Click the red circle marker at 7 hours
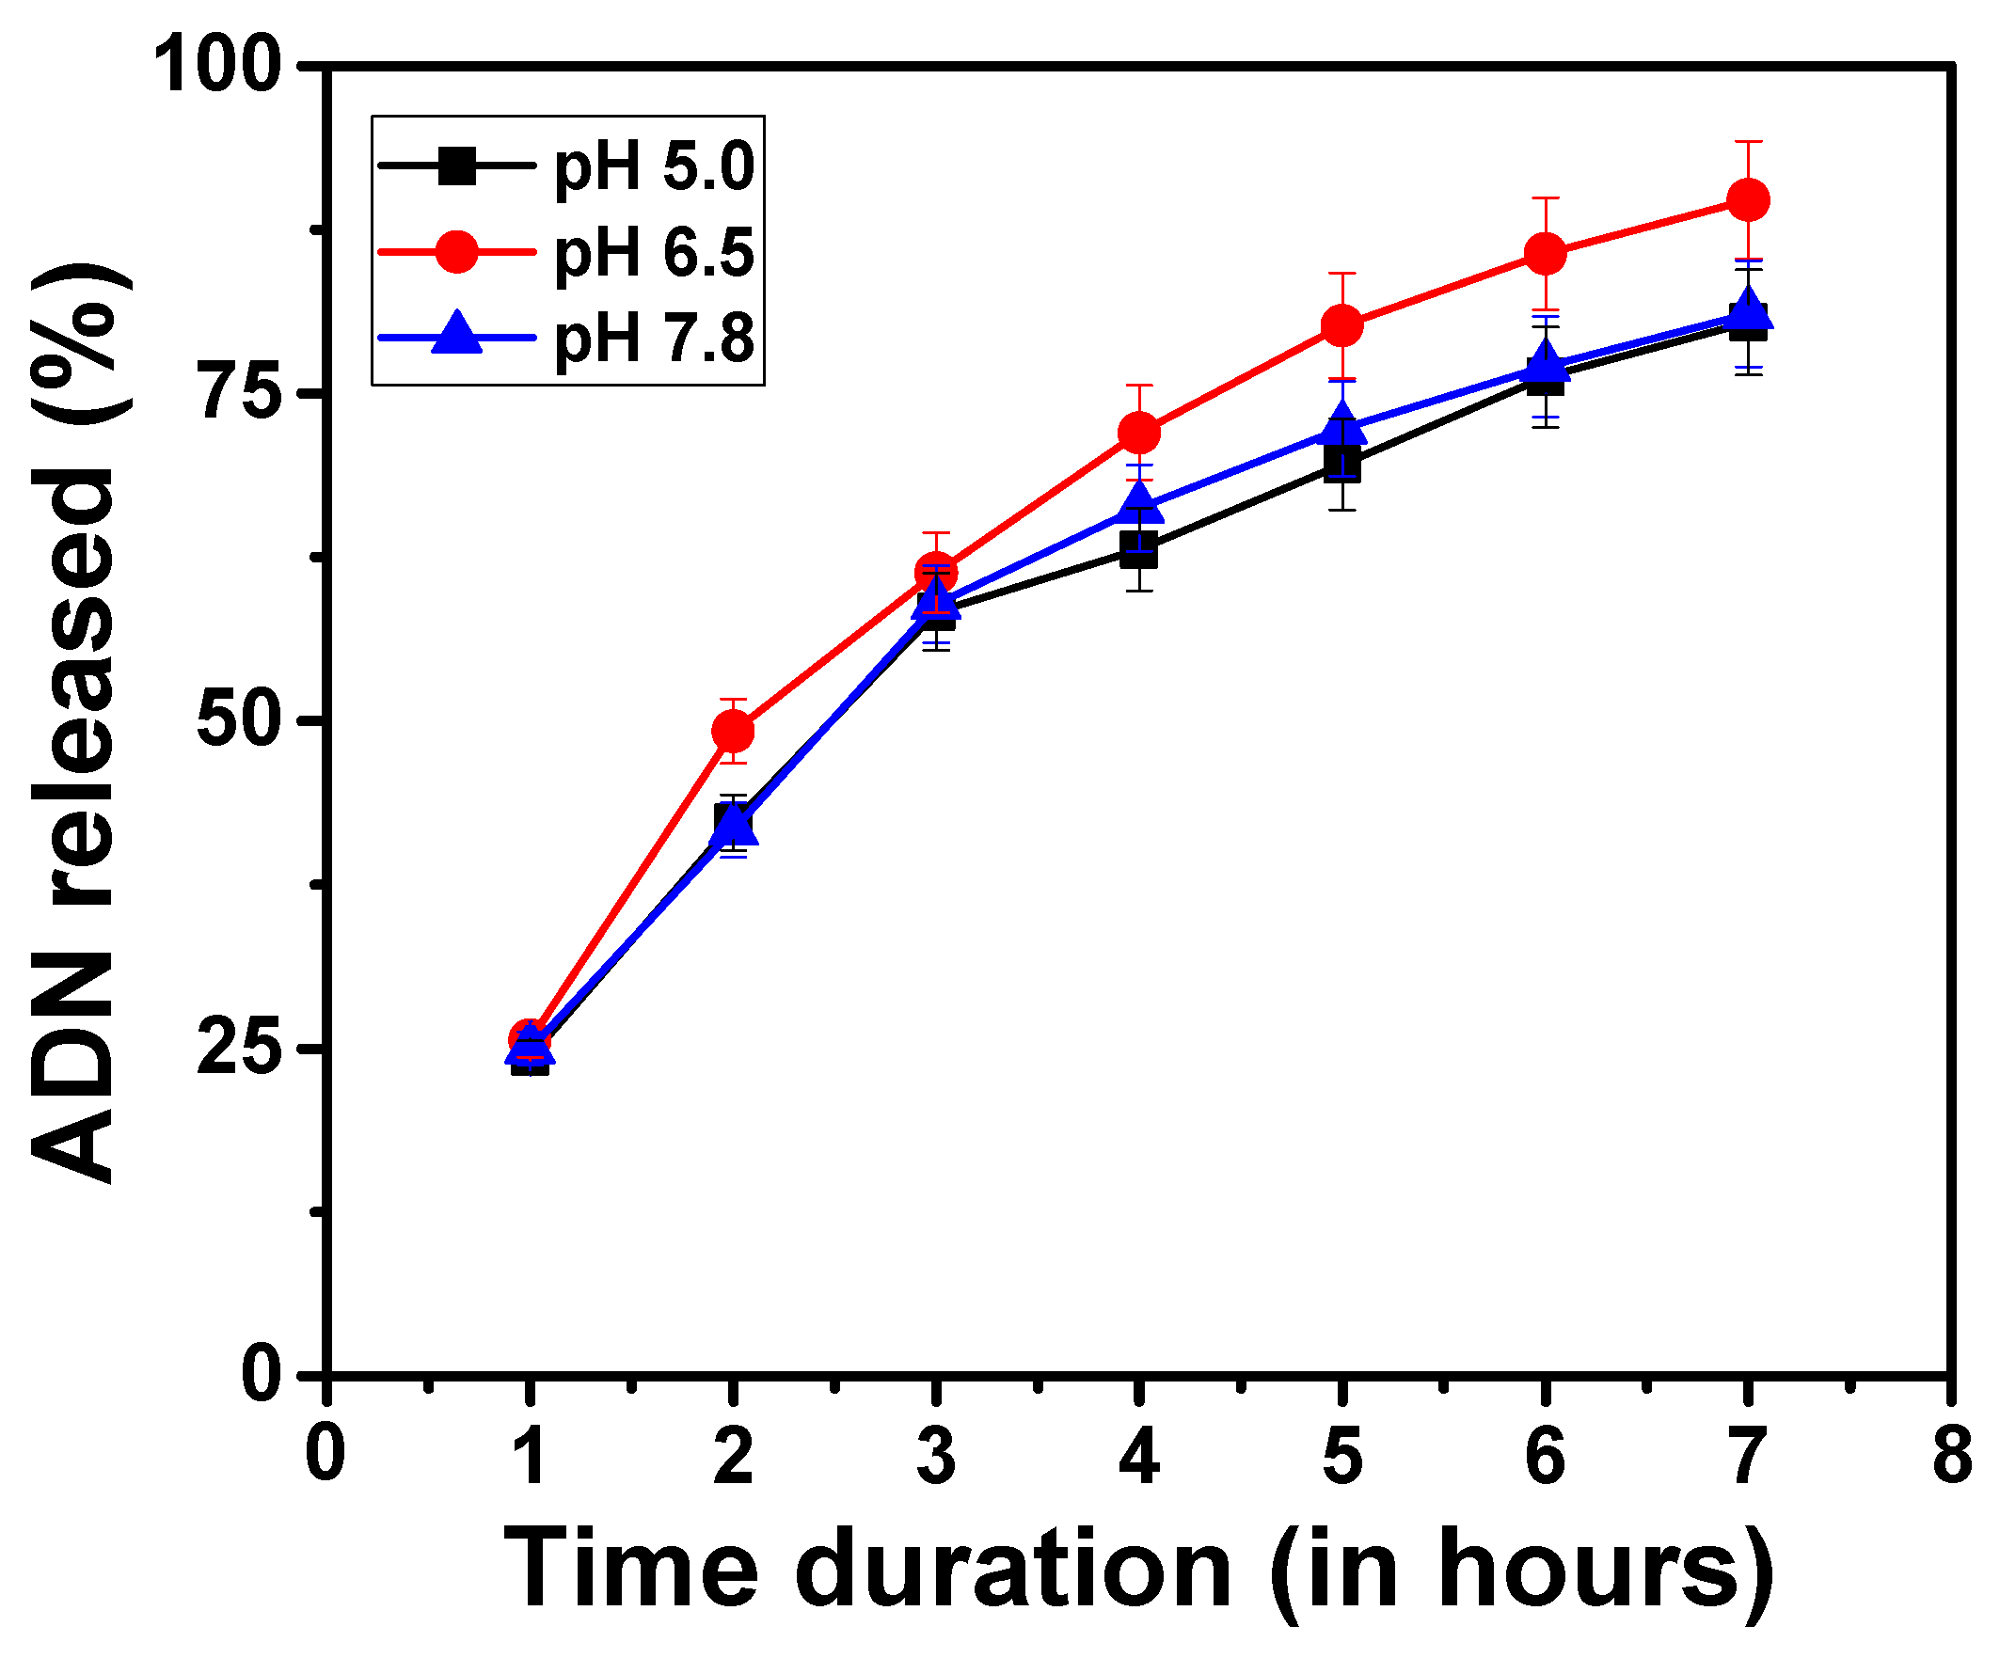(1747, 200)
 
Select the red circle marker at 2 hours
(733, 731)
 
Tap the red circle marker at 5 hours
(1341, 325)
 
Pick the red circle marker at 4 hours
(1139, 433)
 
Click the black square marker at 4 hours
(1139, 549)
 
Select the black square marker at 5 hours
(1341, 466)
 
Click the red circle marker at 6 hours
(1545, 253)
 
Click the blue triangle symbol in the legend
(456, 333)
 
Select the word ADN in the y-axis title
(71, 1070)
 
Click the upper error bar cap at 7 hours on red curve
(1747, 142)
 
